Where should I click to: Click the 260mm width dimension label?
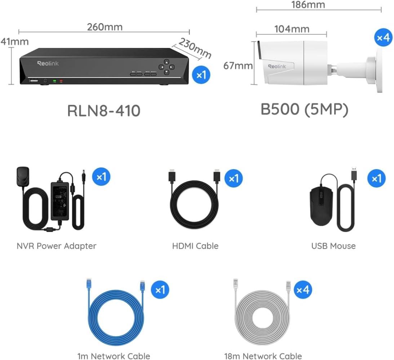[105, 27]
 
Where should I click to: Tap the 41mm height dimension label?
[14, 41]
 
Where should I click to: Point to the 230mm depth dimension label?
[195, 48]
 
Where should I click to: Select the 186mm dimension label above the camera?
[308, 5]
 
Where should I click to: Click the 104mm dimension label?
[292, 29]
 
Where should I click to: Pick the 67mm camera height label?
[238, 66]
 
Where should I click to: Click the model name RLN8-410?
[104, 111]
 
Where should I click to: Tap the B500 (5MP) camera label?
[304, 109]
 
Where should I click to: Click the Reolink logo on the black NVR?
[48, 63]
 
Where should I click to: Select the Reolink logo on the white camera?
[277, 66]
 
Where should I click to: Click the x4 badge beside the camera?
[383, 38]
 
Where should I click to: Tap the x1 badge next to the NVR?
[201, 75]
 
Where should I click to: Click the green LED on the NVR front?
[54, 81]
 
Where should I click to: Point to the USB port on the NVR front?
[34, 81]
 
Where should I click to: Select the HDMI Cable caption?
[195, 246]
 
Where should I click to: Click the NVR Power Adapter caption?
[56, 246]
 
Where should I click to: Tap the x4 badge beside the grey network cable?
[303, 290]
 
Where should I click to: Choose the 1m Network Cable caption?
[114, 356]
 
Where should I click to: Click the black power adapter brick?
[60, 201]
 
